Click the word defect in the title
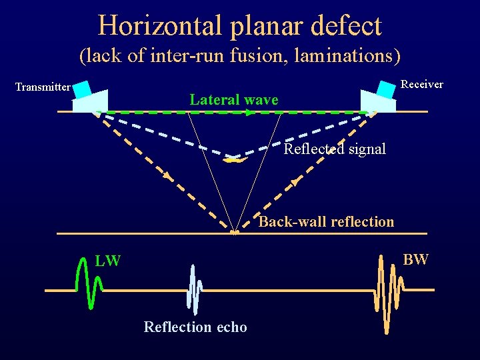click(347, 26)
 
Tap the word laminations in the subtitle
click(333, 56)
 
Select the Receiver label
click(421, 85)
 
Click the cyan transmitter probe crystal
click(82, 88)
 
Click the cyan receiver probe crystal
click(386, 88)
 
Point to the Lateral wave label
click(233, 100)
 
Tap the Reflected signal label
click(335, 149)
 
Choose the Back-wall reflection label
click(326, 221)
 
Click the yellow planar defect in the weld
click(234, 159)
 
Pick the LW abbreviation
click(107, 261)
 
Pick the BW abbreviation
click(415, 259)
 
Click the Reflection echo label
click(195, 327)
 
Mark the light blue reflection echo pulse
click(195, 290)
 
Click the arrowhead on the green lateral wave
click(249, 113)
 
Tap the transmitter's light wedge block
click(91, 102)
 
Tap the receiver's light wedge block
click(376, 102)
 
